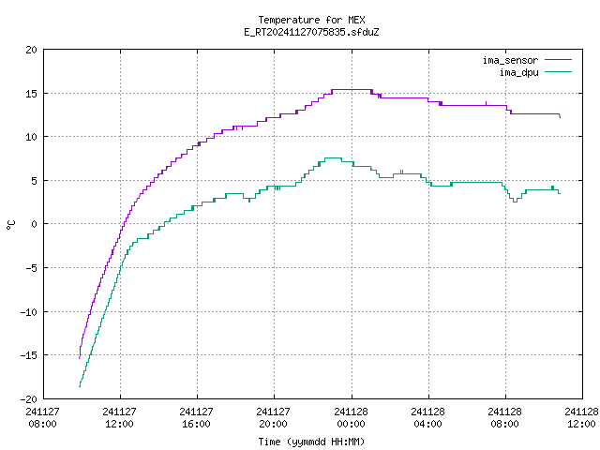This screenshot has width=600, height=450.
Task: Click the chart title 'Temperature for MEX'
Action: pos(311,20)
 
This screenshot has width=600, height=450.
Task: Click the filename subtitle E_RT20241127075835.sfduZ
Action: pos(311,32)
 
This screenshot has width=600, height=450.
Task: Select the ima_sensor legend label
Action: pos(510,60)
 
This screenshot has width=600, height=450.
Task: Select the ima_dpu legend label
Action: pos(519,72)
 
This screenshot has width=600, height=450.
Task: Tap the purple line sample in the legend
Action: pos(559,60)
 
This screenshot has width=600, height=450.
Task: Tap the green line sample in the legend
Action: pos(559,71)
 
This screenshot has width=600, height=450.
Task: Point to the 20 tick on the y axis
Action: pos(31,50)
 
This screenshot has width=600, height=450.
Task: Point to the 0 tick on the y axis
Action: pos(35,224)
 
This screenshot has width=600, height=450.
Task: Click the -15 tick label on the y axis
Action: pos(29,355)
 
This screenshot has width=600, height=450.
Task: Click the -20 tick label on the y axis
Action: pos(29,399)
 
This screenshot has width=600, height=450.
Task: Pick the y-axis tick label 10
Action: pos(31,137)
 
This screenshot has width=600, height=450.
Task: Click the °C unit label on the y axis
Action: pos(10,225)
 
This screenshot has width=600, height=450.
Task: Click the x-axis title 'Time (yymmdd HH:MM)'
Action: pos(311,442)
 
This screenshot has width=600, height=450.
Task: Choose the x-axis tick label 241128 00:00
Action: pos(351,417)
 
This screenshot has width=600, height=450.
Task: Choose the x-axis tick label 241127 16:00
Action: pos(196,417)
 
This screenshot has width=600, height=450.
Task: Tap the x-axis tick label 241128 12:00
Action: pos(581,417)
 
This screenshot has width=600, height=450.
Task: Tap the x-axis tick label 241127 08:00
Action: pos(42,417)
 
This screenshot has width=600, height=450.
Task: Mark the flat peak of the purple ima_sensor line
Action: pos(352,90)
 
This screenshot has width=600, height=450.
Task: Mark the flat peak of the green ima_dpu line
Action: pos(333,157)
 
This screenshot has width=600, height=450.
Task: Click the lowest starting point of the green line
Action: pos(80,386)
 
